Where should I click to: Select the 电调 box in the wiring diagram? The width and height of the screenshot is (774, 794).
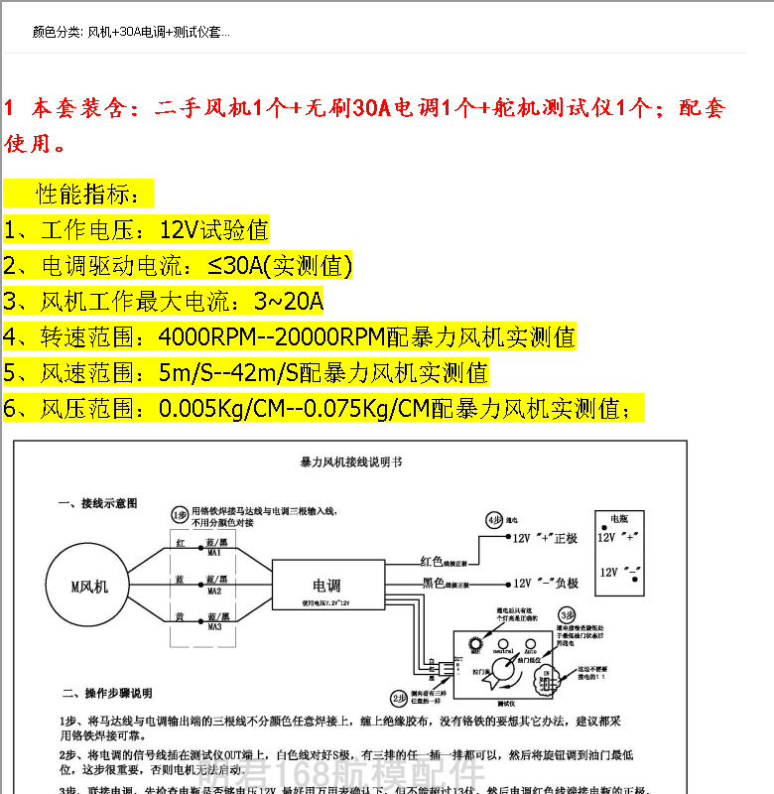326,586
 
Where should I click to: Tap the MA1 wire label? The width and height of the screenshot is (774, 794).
214,553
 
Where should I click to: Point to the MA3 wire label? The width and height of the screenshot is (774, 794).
214,627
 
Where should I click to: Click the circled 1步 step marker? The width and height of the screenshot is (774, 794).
179,514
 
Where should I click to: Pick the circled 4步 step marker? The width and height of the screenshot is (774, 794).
493,519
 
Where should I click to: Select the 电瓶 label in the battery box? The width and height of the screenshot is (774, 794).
619,519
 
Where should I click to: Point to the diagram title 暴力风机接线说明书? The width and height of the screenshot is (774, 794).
350,463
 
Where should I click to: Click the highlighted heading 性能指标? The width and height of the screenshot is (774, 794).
94,193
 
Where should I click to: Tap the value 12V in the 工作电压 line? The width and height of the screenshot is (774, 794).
180,230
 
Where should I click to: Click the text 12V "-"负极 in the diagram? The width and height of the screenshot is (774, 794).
545,584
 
